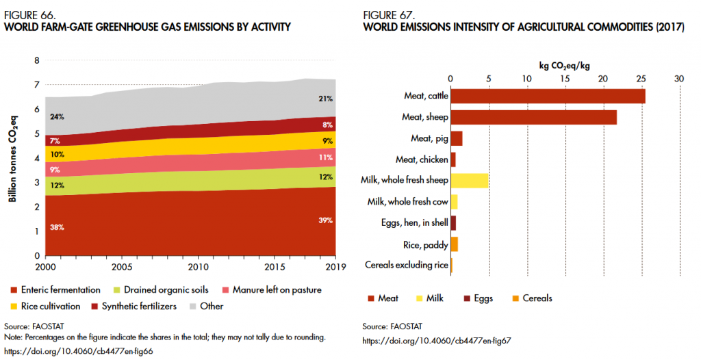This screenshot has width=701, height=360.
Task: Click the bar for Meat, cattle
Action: pyautogui.click(x=548, y=96)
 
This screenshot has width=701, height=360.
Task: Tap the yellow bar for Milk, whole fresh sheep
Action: pyautogui.click(x=469, y=181)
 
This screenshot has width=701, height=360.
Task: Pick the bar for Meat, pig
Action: pyautogui.click(x=456, y=138)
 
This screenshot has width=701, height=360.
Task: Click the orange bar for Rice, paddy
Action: pyautogui.click(x=454, y=244)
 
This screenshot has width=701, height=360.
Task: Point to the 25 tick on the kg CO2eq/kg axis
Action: pyautogui.click(x=641, y=79)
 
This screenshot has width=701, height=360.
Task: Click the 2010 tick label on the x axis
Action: pyautogui.click(x=199, y=266)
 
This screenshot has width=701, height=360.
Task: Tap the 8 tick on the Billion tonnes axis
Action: pyautogui.click(x=36, y=60)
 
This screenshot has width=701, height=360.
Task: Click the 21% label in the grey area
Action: pyautogui.click(x=325, y=99)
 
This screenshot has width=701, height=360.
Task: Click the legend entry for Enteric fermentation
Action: pyautogui.click(x=56, y=290)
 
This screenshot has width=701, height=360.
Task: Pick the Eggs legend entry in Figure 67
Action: pyautogui.click(x=480, y=298)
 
